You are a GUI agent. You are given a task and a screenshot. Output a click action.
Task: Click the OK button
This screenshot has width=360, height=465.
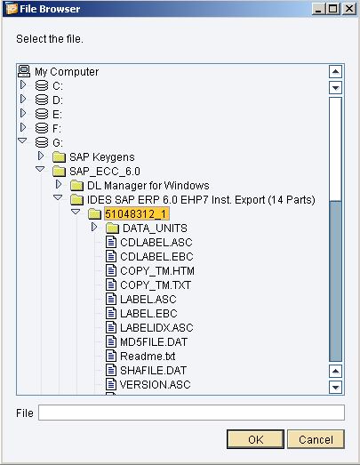[x=255, y=439]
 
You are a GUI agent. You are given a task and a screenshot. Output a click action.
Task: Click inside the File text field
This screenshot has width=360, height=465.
[x=191, y=413]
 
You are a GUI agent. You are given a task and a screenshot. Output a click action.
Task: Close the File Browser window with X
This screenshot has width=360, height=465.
[x=349, y=9]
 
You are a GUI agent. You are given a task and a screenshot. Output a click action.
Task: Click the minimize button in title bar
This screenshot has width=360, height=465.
[x=319, y=9]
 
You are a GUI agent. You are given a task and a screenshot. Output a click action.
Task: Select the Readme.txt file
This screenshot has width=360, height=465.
[x=148, y=357]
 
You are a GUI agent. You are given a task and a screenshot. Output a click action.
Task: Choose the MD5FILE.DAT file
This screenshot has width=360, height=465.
[x=154, y=342]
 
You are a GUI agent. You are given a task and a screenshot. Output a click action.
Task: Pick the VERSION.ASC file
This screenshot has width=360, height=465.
[x=155, y=385]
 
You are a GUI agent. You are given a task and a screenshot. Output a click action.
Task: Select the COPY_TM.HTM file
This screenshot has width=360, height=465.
[x=157, y=271]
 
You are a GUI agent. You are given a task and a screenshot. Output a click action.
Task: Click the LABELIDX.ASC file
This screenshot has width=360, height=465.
[x=156, y=328]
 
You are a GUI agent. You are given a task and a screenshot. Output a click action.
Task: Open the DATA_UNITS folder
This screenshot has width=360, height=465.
[x=155, y=228]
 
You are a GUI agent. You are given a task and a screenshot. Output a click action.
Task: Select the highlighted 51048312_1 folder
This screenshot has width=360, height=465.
[x=137, y=213]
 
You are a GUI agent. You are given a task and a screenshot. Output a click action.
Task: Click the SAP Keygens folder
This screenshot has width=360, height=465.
[x=101, y=156]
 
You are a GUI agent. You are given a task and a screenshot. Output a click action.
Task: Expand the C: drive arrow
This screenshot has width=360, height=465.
[x=23, y=84]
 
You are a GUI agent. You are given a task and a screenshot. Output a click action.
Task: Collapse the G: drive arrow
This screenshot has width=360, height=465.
[x=22, y=140]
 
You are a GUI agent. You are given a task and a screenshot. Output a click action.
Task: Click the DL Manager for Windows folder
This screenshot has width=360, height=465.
[x=148, y=185]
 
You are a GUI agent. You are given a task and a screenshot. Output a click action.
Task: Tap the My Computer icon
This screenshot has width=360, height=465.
[x=24, y=71]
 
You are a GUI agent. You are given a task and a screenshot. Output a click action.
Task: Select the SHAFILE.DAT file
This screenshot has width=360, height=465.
[x=153, y=371]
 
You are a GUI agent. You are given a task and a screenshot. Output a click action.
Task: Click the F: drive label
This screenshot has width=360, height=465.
[x=57, y=128]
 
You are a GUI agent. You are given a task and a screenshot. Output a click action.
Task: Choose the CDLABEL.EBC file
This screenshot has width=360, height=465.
[x=156, y=257]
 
